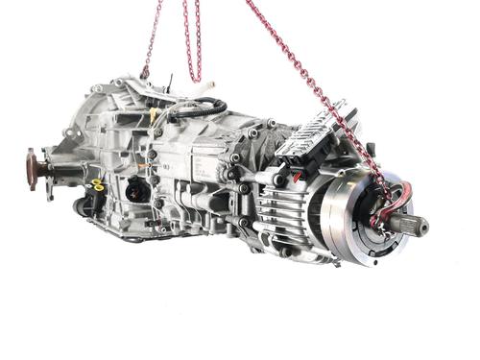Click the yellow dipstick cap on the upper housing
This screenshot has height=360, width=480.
point(154,116)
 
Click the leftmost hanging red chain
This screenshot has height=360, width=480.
point(150,38)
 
